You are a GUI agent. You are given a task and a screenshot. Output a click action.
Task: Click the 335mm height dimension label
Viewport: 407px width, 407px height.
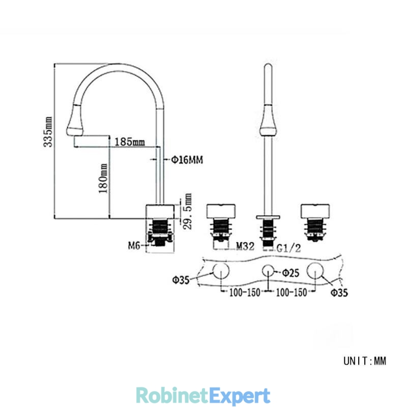pos(48,132)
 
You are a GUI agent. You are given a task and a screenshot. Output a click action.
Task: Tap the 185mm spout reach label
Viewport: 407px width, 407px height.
pos(130,142)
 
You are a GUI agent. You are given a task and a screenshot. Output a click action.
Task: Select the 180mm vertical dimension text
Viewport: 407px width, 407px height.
pos(103,179)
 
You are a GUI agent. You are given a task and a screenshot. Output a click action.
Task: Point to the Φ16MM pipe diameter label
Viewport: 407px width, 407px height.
pos(187,160)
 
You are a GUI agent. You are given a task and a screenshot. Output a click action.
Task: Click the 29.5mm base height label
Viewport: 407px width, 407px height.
pos(187,211)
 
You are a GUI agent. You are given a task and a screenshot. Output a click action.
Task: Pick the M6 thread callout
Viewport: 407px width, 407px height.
pos(134,245)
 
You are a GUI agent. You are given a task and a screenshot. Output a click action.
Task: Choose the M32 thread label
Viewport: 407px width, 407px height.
pos(245,246)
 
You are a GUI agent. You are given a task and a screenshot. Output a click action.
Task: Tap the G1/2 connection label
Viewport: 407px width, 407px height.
pos(289,248)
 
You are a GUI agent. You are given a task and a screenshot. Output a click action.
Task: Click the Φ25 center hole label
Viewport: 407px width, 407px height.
pos(290,273)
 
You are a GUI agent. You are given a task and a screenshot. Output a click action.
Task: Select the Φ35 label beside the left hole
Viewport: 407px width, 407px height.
pos(181,280)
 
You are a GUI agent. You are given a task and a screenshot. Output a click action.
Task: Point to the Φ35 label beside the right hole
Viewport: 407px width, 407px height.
pos(339,293)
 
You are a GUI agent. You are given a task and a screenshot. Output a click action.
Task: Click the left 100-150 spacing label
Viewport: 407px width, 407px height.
pos(245,293)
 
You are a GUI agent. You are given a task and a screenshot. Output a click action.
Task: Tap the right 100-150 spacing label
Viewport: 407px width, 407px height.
pos(291,293)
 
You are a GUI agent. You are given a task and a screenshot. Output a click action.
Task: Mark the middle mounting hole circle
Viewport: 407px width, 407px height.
pos(268,265)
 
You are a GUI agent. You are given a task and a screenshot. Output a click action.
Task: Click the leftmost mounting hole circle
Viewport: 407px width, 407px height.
pos(221,263)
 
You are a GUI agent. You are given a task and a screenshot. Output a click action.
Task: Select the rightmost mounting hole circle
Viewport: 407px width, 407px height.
pos(315,263)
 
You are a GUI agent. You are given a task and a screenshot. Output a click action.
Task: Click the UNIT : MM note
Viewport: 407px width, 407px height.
pos(365,361)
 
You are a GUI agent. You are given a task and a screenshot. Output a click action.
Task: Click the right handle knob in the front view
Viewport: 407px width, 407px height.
pos(315,211)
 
